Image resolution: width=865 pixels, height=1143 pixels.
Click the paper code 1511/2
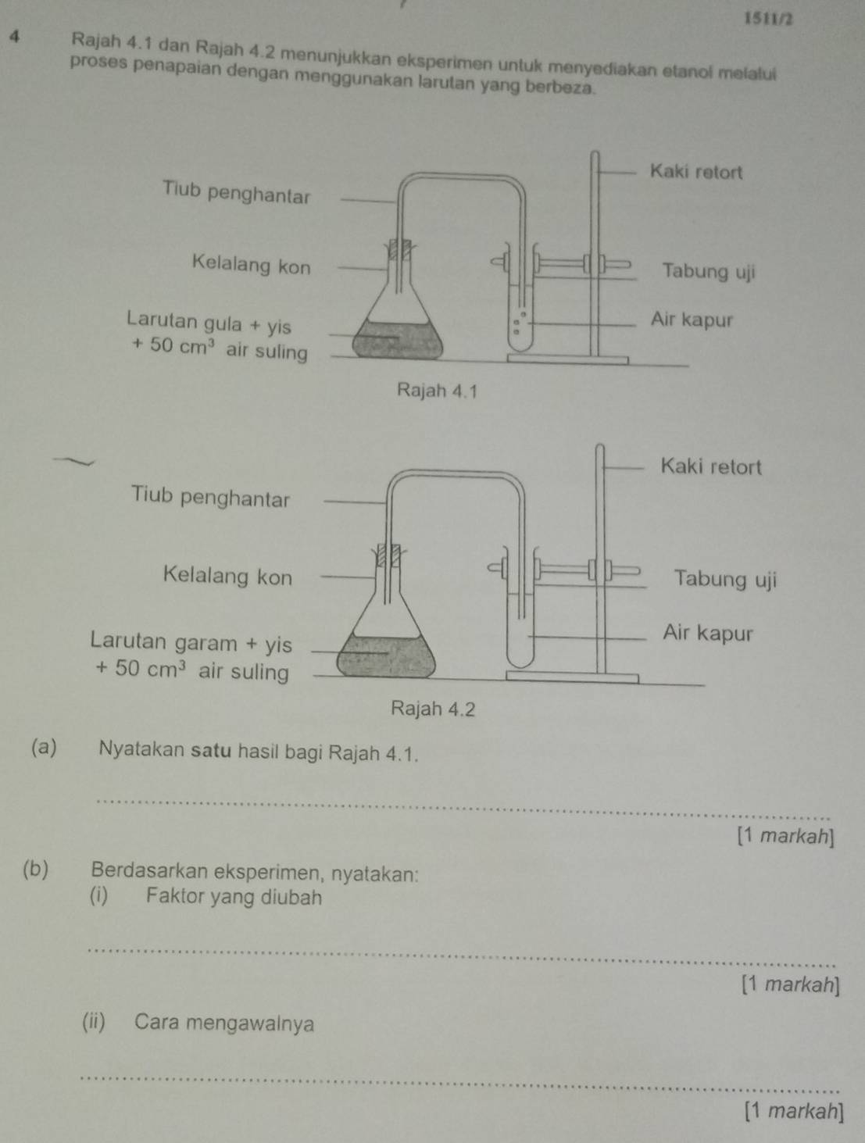point(769,20)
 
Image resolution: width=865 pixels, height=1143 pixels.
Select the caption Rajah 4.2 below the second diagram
point(433,709)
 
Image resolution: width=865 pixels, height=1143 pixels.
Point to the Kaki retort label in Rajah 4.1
point(696,172)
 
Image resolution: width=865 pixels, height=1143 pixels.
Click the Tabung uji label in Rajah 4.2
point(725,579)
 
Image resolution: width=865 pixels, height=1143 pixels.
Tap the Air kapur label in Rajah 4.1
point(692,320)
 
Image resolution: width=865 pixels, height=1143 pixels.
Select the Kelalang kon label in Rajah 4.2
point(227,576)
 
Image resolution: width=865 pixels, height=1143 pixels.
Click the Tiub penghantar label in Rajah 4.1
point(236,191)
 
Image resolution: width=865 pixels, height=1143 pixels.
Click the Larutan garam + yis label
point(191,644)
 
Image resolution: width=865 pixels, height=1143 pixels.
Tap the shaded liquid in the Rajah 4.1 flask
point(398,340)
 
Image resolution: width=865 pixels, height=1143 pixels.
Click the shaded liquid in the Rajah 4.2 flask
point(386,656)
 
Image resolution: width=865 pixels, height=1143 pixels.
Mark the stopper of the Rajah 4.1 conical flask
point(400,249)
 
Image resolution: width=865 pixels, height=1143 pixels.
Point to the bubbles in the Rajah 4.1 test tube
point(519,323)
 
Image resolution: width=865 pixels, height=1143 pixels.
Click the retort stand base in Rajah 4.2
point(572,677)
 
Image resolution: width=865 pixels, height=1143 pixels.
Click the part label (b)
point(36,870)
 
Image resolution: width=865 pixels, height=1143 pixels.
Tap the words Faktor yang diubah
point(234,898)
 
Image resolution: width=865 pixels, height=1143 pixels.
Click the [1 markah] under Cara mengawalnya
point(794,1112)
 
